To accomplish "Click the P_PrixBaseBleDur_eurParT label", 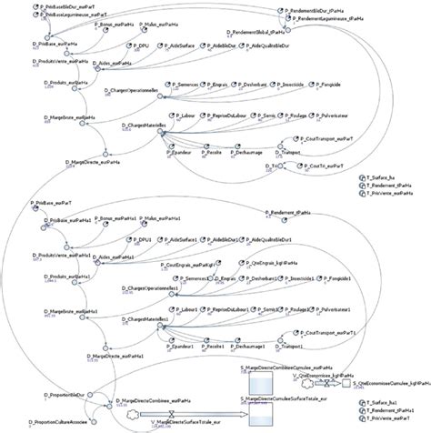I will point(68,5).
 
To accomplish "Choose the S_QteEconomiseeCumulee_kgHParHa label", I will point(383,384).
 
